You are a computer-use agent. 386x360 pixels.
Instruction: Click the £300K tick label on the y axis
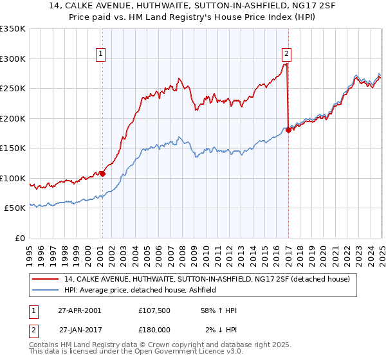tap(13, 59)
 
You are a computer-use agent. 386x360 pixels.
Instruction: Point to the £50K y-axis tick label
tap(15, 208)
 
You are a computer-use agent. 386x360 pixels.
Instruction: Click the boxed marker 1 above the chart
tap(102, 55)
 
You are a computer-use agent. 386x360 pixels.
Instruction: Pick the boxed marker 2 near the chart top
tap(286, 55)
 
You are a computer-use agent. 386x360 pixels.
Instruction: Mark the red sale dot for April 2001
tap(103, 174)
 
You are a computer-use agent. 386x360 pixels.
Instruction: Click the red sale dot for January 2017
tap(288, 130)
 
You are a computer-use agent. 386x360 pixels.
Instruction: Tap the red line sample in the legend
tap(46, 279)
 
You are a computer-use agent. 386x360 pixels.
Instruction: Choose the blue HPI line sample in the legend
tap(46, 291)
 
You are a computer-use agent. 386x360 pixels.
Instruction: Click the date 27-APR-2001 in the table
tap(78, 310)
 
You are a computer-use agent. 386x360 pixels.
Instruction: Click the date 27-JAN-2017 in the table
tap(80, 329)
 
